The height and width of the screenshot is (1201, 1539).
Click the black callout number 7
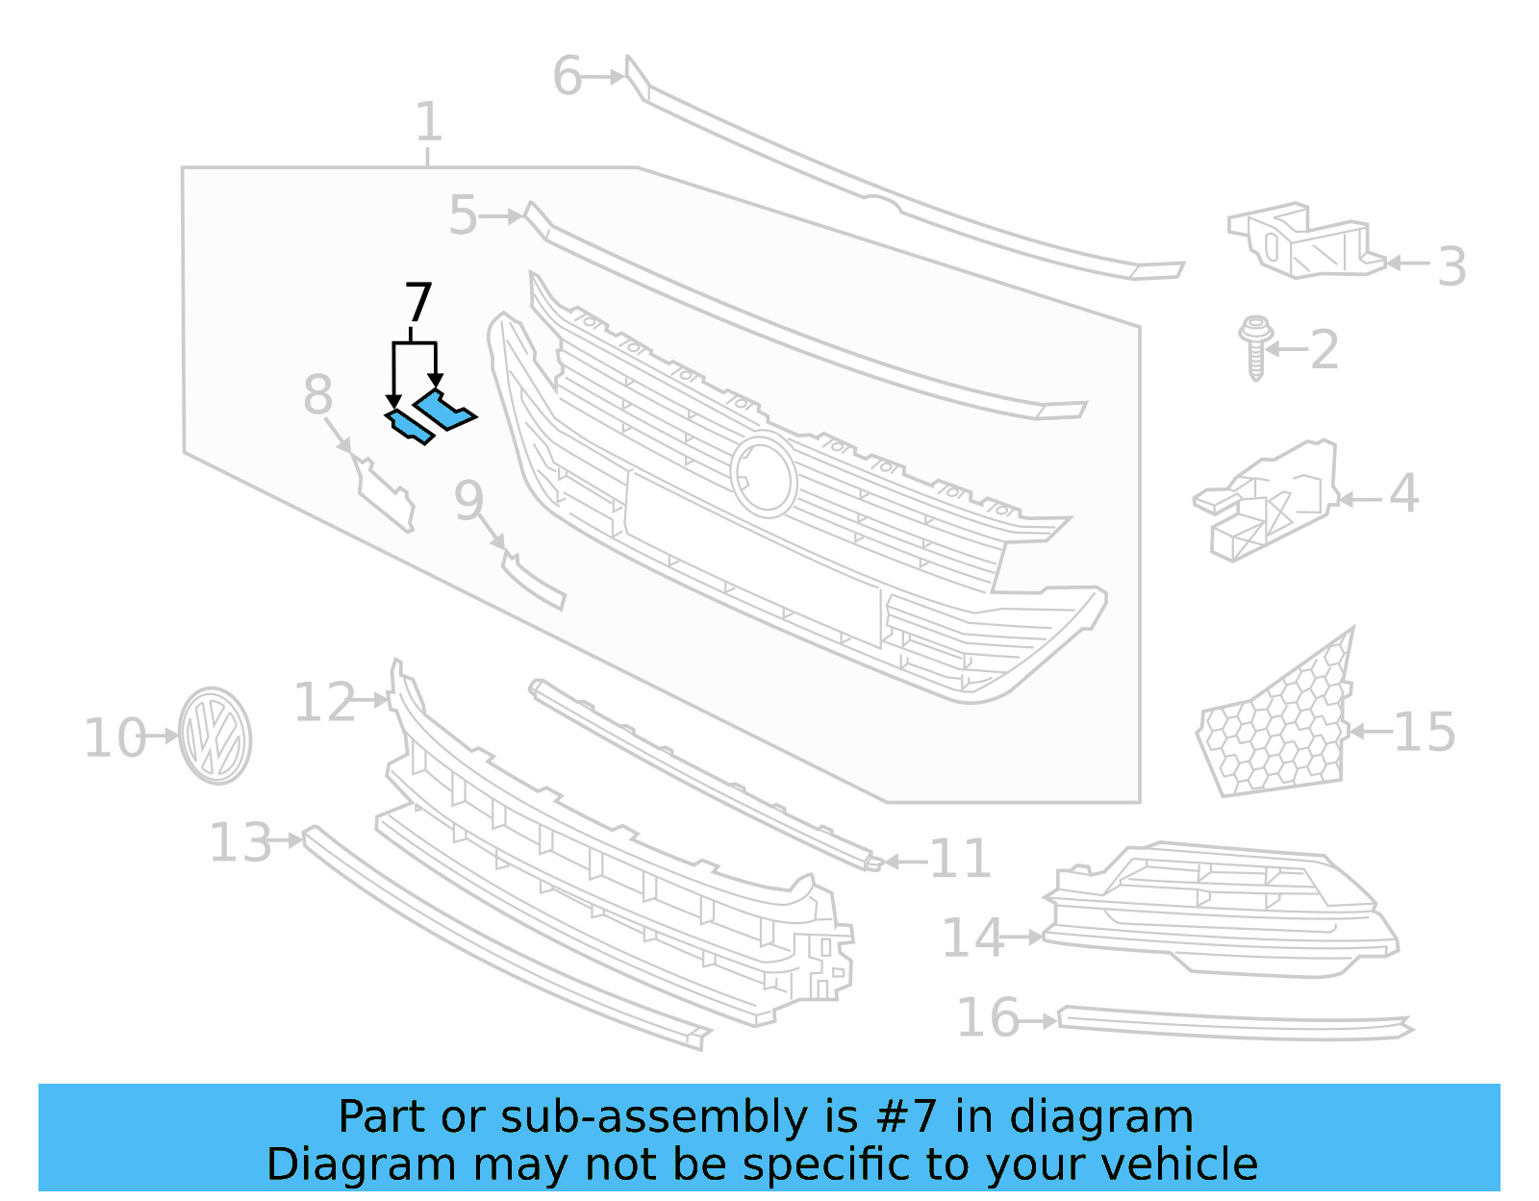(x=418, y=303)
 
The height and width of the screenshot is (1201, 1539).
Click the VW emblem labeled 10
(x=215, y=736)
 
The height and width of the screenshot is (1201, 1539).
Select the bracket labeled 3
(x=1302, y=240)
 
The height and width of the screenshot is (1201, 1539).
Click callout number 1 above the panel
(x=429, y=123)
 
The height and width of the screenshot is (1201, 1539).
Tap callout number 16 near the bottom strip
(x=988, y=1017)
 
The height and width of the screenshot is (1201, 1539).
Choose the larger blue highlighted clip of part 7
(x=443, y=411)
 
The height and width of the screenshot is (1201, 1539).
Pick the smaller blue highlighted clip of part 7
(x=408, y=426)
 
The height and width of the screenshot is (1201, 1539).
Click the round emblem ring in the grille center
(x=764, y=475)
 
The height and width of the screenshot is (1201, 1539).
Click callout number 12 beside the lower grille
(x=324, y=703)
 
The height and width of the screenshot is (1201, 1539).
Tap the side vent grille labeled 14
(x=1222, y=909)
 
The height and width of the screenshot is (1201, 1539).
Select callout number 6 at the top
(x=568, y=77)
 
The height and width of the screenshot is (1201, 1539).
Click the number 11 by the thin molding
(x=960, y=859)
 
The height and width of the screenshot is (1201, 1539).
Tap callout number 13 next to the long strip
(x=240, y=843)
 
